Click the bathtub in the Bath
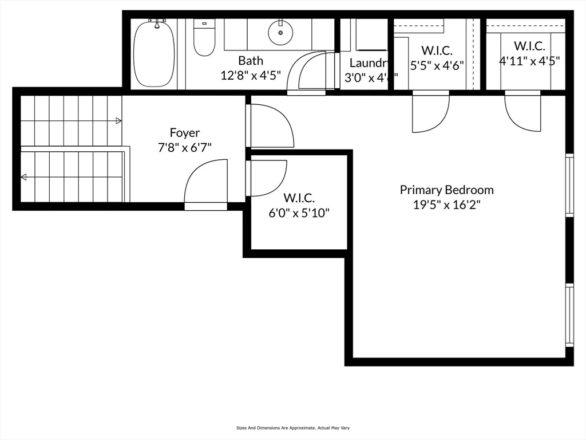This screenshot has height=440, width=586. click(154, 54)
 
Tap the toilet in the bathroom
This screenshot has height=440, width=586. click(204, 39)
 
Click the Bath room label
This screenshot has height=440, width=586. click(251, 61)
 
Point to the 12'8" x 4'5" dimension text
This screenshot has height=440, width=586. click(251, 75)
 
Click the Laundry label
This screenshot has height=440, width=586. click(370, 63)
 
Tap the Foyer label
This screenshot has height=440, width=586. click(185, 133)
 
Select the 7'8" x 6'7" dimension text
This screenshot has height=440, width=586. click(185, 147)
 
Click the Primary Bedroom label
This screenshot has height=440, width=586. click(446, 190)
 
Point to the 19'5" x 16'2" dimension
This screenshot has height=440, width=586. click(446, 205)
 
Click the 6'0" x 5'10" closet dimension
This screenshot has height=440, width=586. click(299, 213)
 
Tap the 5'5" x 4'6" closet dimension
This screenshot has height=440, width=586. click(437, 65)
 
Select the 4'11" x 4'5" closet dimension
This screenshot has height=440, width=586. click(529, 60)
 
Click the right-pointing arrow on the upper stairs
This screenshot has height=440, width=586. click(118, 121)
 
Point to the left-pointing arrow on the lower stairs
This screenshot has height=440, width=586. click(23, 178)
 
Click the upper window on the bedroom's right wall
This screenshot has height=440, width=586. click(569, 184)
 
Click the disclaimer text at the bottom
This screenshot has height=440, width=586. click(292, 428)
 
